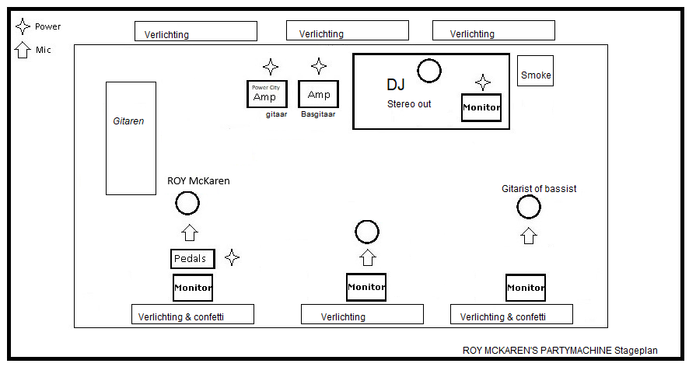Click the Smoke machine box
point(535,75)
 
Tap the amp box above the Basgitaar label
point(319,94)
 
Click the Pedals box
point(192,259)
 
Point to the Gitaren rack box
point(131,138)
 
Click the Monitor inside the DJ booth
point(481,107)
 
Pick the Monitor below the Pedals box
point(192,288)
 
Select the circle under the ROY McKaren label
point(187,204)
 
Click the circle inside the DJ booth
point(428,71)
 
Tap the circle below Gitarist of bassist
point(528,207)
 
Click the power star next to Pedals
point(232,257)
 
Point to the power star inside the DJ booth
point(483,82)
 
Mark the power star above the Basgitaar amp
point(319,66)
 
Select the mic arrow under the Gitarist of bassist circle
point(529,235)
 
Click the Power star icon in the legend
point(23,26)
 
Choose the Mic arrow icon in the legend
point(23,50)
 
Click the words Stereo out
point(409,103)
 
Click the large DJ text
point(396,85)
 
